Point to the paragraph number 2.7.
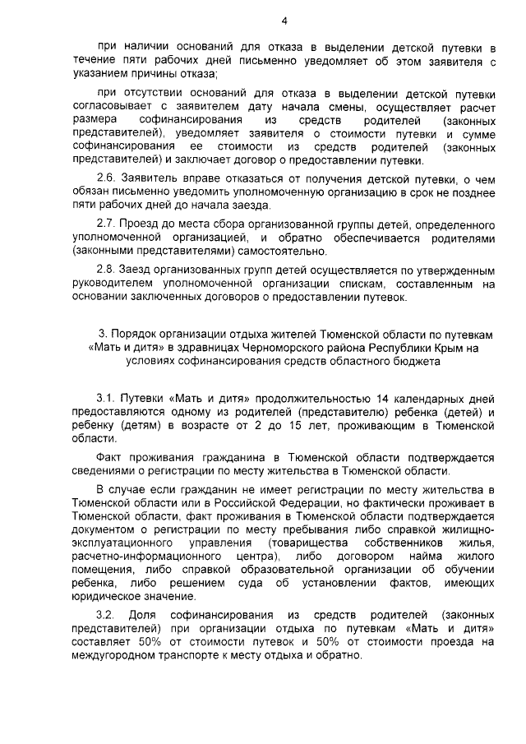pyautogui.click(x=107, y=224)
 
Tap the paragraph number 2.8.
pyautogui.click(x=107, y=270)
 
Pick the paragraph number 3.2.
pyautogui.click(x=107, y=615)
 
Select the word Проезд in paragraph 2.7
pyautogui.click(x=138, y=224)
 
